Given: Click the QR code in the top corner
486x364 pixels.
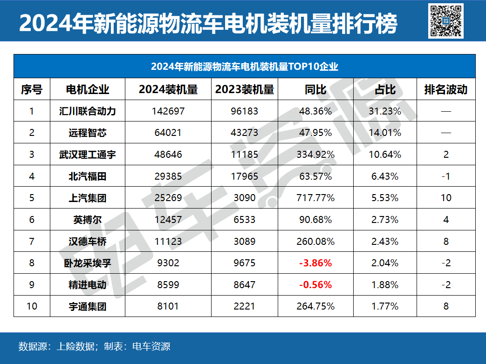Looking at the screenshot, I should tap(445, 20).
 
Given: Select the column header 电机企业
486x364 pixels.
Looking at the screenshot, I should tap(88, 89).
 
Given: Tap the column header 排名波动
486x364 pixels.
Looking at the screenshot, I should tap(446, 89).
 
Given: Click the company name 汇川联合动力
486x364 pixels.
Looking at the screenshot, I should tap(88, 111).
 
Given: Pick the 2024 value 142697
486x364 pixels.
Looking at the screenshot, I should tap(168, 111).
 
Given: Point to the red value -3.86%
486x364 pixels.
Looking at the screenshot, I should tap(315, 263).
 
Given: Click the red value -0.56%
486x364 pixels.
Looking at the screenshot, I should tap(315, 284).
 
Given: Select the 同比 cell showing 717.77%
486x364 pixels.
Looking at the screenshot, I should tap(315, 198).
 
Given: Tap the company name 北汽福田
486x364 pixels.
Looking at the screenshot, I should tap(88, 176).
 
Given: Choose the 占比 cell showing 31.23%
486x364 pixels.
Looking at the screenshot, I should tap(385, 111).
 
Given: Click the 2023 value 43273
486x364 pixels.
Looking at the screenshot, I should tap(244, 133).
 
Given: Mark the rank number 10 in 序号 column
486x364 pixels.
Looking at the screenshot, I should tap(32, 306).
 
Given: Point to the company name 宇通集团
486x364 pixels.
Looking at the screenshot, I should tap(88, 306).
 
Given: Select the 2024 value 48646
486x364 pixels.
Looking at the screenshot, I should tap(168, 155).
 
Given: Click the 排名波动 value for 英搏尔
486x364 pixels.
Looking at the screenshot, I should tap(446, 219).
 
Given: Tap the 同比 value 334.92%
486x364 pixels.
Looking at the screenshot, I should tap(315, 155).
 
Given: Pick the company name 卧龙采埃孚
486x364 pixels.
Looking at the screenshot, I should tap(88, 263).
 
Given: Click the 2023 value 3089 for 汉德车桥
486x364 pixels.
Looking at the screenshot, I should tap(244, 241).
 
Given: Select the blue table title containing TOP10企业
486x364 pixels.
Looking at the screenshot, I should tap(244, 67).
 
